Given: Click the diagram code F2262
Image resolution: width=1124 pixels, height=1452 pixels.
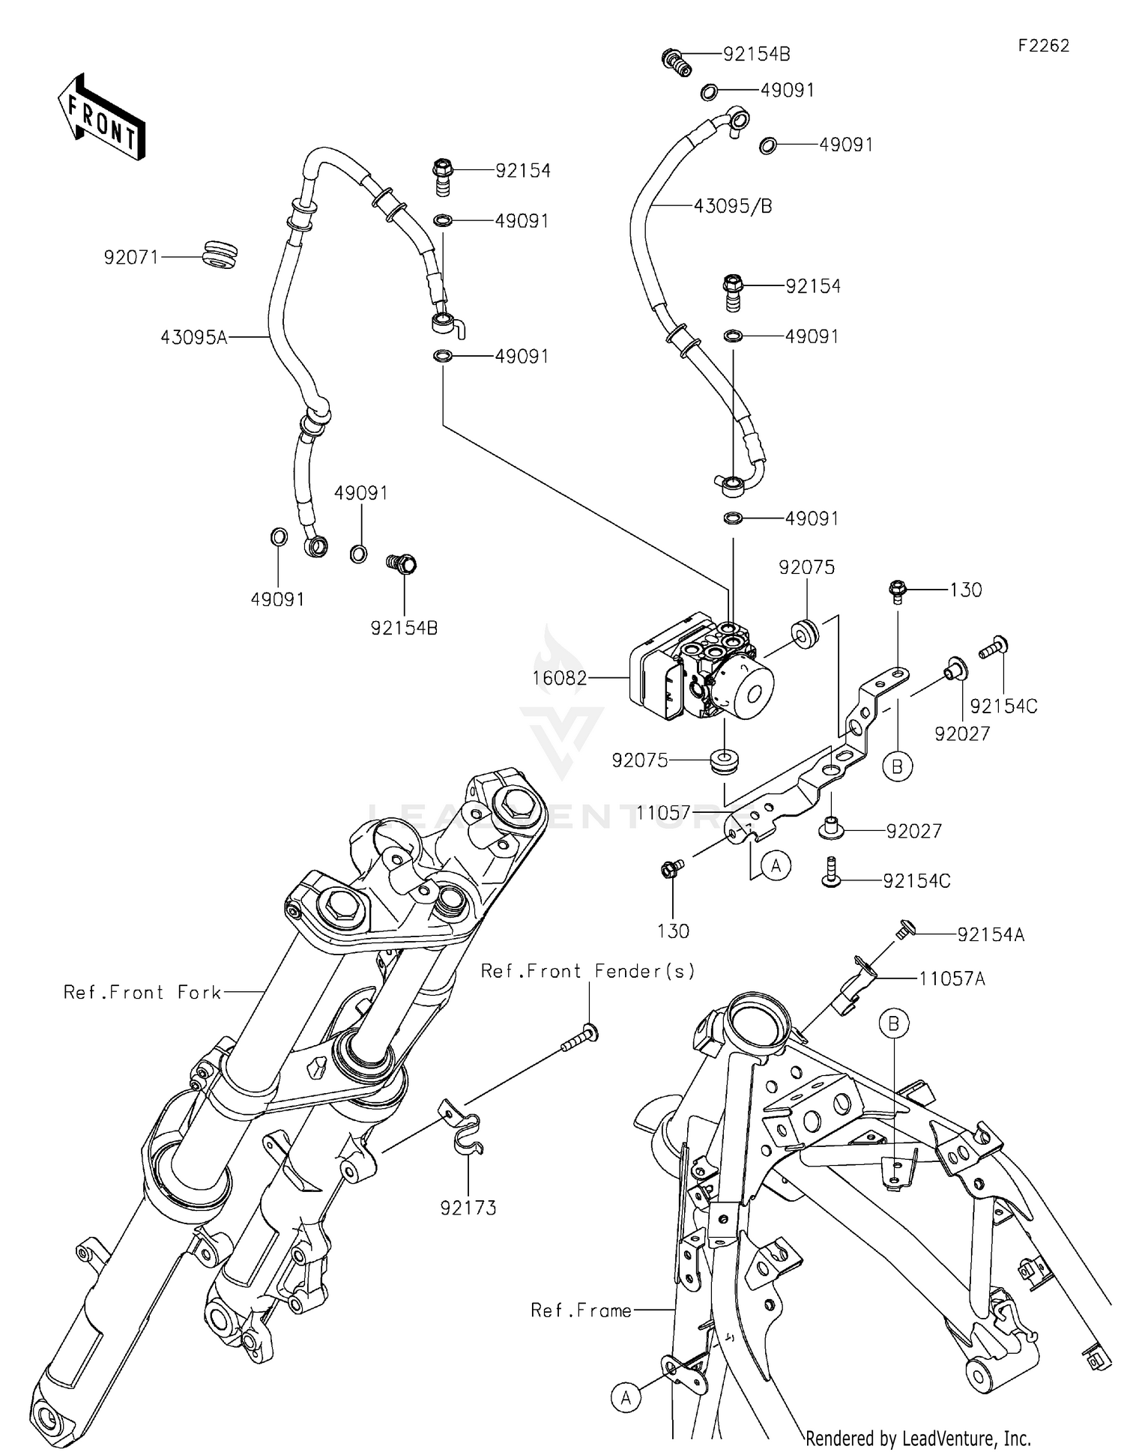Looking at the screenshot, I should [1043, 46].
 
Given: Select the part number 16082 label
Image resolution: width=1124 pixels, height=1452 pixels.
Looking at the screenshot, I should [559, 678].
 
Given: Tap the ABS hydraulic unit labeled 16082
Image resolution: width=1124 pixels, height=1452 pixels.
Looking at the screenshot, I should [701, 667].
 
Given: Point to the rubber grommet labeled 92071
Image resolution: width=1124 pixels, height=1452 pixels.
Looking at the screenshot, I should [220, 255].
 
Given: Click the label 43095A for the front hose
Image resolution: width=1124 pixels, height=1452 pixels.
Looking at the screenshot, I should [193, 338].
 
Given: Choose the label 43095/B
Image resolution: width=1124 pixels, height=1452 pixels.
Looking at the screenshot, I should [732, 205].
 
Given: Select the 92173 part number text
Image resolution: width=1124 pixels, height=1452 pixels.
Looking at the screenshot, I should [468, 1208].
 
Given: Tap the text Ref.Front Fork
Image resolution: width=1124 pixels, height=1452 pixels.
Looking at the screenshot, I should [142, 993].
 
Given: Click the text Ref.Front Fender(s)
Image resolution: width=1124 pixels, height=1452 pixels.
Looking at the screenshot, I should [587, 971].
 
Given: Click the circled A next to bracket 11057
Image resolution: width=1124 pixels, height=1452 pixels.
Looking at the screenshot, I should [776, 866].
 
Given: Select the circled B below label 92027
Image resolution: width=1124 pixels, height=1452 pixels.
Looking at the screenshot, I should [897, 766].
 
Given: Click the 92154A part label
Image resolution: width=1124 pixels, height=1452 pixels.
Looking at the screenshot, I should [991, 934].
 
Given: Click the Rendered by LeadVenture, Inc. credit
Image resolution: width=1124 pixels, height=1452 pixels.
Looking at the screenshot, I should [918, 1438].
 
